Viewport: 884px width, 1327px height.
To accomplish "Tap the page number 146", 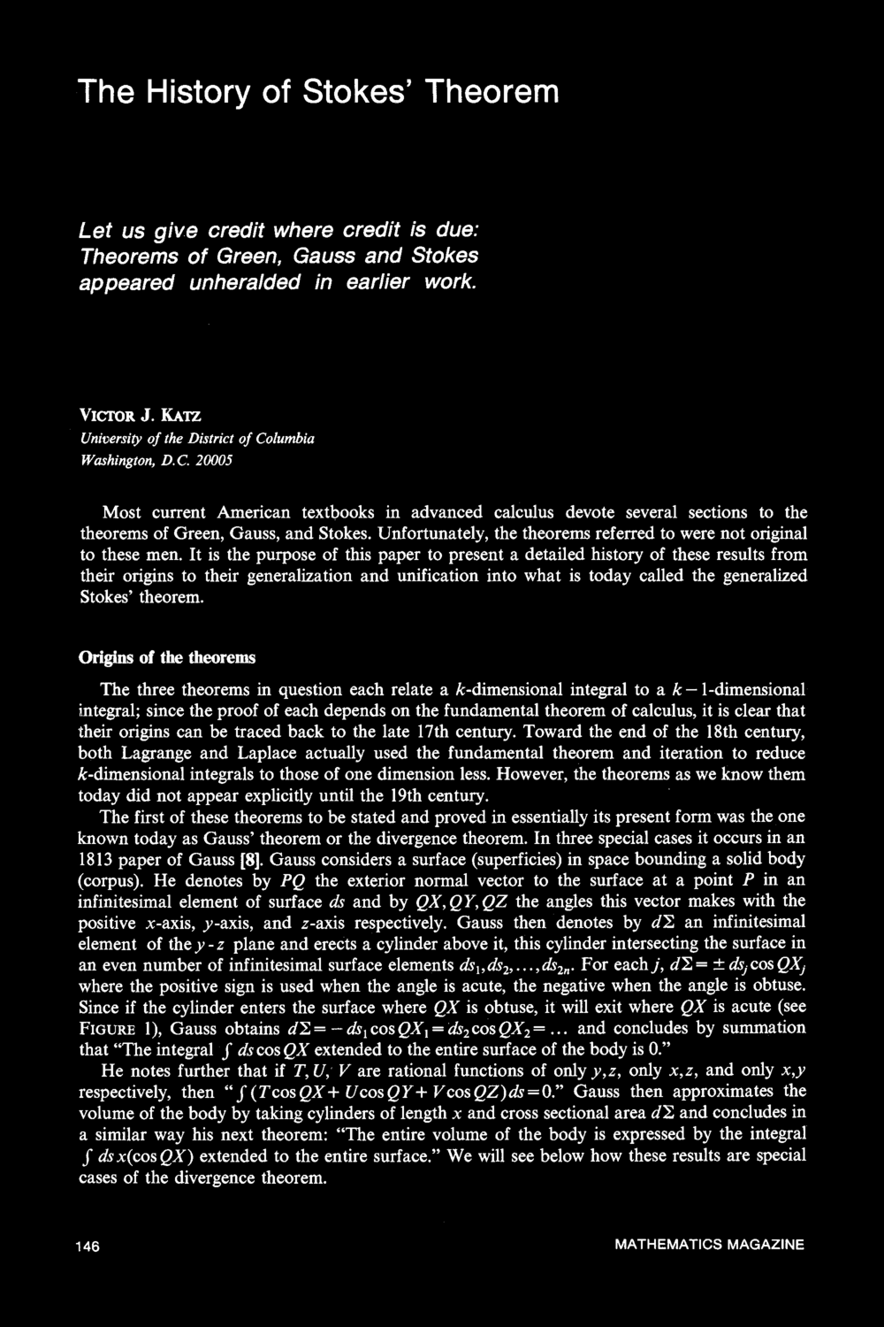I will [x=88, y=1246].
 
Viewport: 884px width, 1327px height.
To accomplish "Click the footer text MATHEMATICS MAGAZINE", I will [x=709, y=1245].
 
